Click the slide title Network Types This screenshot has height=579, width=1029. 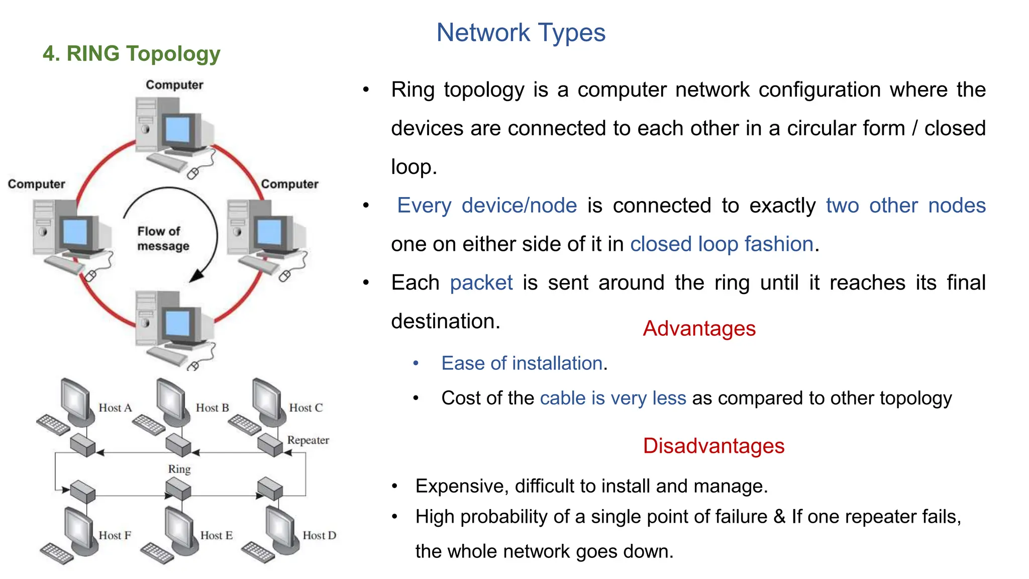pos(521,33)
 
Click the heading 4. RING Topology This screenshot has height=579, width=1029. pos(131,53)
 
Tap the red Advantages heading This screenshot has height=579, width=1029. pos(699,329)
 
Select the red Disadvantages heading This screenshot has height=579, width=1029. pos(713,446)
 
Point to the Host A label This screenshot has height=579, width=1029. pos(115,408)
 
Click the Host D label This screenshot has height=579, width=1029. pos(319,535)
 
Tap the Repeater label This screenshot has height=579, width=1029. pos(307,440)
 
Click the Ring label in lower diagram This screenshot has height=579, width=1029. pos(179,468)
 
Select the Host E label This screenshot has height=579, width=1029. pos(216,535)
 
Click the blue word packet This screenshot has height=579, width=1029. pos(481,282)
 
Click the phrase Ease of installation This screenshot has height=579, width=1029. pos(522,363)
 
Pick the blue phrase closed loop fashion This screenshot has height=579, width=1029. pos(722,244)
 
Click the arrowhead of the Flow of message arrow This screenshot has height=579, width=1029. pos(196,276)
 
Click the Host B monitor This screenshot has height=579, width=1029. pos(169,400)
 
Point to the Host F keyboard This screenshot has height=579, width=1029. pos(56,553)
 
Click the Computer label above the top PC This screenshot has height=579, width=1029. pos(174,84)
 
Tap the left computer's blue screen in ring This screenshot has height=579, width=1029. pos(75,232)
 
